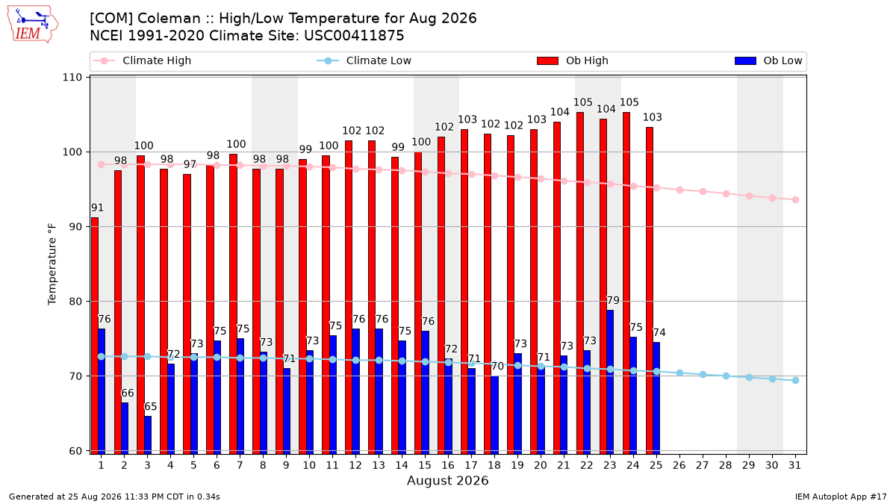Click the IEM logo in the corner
pos(33,25)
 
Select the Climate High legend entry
pos(142,60)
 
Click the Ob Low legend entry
pos(768,60)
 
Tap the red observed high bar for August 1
pos(95,335)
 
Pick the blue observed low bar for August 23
pos(610,382)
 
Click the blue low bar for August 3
pos(148,435)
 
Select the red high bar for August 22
pos(580,283)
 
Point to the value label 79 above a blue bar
pos(613,300)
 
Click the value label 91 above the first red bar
pos(97,208)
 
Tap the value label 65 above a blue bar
pos(150,406)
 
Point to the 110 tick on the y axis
pos(72,77)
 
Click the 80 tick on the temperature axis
pos(75,301)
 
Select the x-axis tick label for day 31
pos(794,465)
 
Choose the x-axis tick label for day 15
pos(425,465)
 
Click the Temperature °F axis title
pos(52,264)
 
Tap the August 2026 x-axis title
pos(447,480)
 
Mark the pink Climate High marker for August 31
pos(795,199)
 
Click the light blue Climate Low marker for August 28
pos(726,376)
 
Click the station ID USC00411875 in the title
pos(354,36)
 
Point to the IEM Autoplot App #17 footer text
pos(841,497)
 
